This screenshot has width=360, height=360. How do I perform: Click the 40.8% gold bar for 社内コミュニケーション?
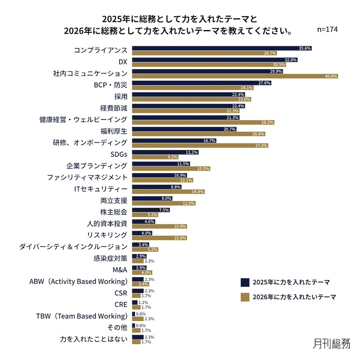pos(235,76)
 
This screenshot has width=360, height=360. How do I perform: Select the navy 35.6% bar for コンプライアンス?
pos(222,48)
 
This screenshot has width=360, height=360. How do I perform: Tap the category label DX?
pos(123,62)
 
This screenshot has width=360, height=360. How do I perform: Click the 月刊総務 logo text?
pos(331,343)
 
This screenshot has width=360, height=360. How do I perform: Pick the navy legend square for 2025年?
pos(245,282)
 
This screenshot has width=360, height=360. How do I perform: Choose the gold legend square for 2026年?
pos(245,297)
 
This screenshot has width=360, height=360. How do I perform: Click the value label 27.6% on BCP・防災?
pos(277,83)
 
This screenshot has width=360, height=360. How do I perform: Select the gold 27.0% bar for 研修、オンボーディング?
pos(200,145)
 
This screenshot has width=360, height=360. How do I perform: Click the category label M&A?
pos(120,270)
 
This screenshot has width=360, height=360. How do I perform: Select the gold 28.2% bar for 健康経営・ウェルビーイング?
pos(203,122)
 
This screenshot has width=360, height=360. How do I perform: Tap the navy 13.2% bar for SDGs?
pos(166,152)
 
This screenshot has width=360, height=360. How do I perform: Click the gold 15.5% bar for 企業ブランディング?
pos(171,169)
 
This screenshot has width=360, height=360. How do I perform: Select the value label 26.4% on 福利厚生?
pos(258,134)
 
